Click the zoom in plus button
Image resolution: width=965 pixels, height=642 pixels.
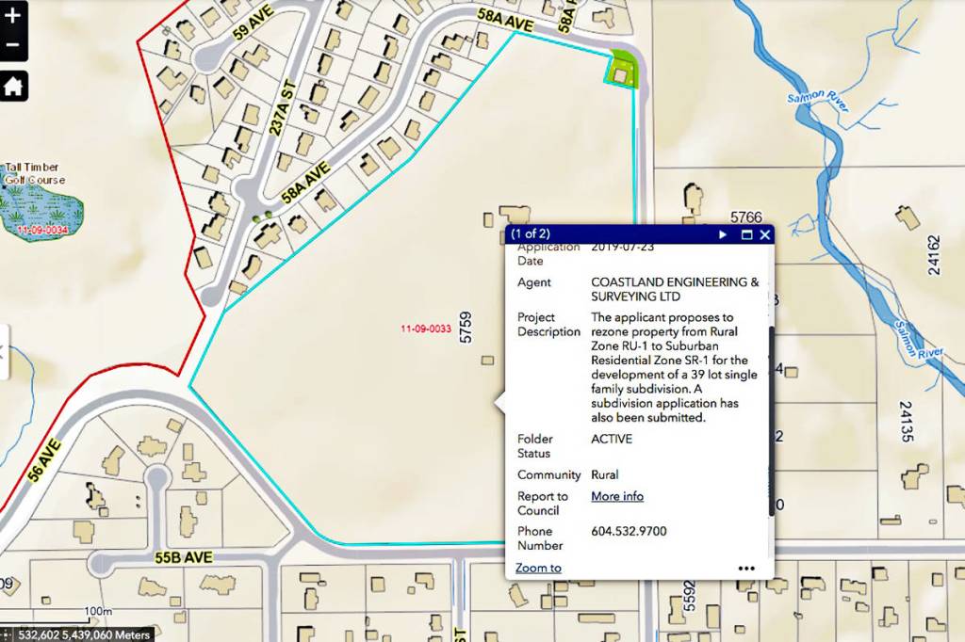(12, 14)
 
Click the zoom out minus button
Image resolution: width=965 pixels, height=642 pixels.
(12, 45)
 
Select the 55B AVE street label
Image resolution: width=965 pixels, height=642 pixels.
(184, 557)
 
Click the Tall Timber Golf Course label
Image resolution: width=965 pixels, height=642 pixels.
(35, 174)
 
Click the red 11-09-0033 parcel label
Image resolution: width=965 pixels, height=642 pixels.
(425, 329)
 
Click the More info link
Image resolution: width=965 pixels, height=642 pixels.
(617, 496)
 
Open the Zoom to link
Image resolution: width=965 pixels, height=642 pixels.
(538, 568)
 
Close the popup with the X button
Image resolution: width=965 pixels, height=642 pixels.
(765, 234)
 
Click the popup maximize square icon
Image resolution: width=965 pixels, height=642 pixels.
(746, 234)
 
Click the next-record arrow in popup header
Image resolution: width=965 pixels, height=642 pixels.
(723, 234)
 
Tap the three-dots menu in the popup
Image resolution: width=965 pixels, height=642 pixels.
(746, 569)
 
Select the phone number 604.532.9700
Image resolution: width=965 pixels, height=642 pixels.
(629, 532)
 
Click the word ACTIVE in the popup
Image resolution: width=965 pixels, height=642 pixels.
(612, 439)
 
